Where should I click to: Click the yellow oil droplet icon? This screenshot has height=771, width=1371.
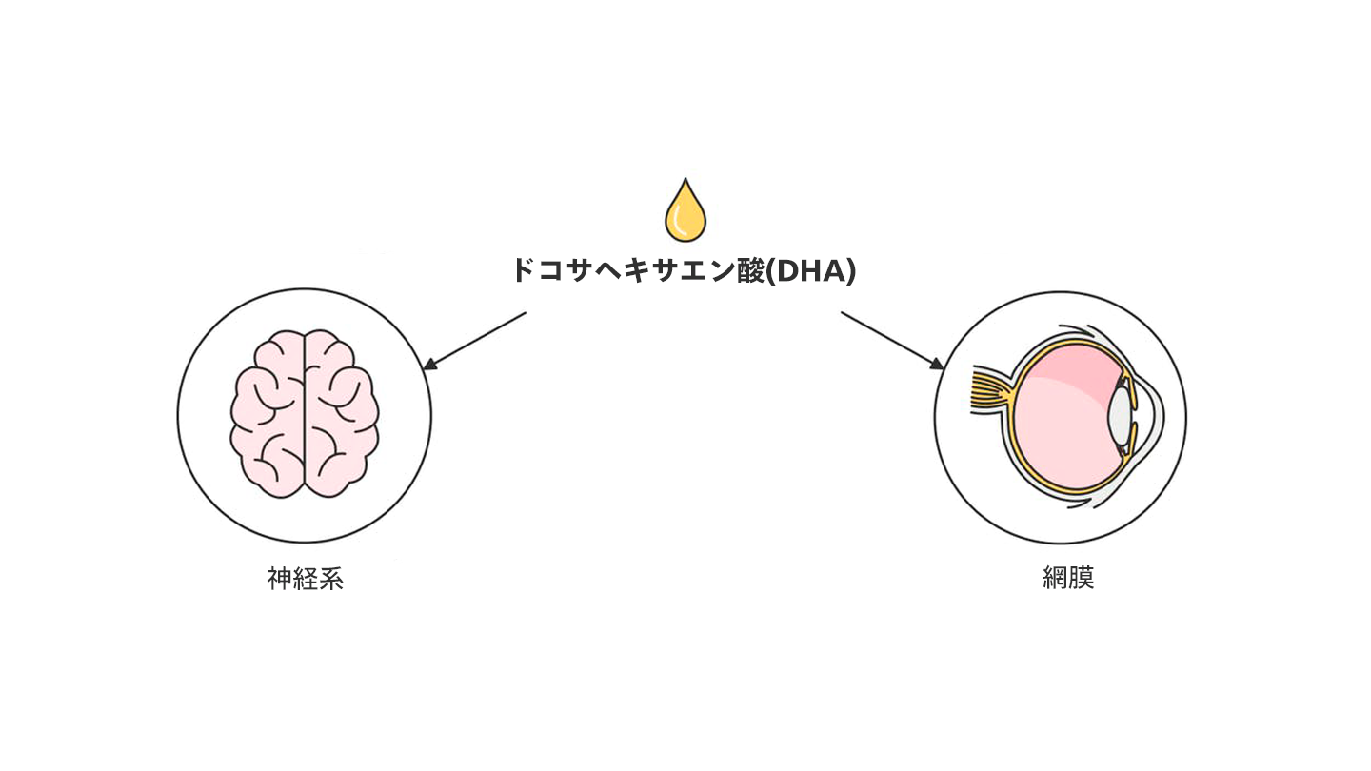(685, 211)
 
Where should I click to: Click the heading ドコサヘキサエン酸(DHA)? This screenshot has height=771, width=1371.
(684, 270)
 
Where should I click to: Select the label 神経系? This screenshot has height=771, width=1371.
(305, 579)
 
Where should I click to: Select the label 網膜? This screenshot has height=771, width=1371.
(1068, 579)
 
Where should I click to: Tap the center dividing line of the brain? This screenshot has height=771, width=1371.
(305, 414)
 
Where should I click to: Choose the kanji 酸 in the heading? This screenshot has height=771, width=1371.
(750, 270)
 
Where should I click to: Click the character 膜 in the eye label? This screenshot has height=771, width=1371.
(1082, 579)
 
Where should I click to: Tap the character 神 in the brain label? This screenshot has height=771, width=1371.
(279, 579)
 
